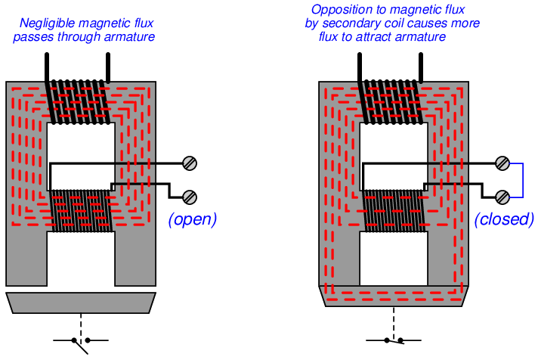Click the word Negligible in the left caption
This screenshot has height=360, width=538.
coord(51,23)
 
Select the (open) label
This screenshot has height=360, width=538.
coord(192,219)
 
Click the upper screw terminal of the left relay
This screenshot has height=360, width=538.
coord(190,163)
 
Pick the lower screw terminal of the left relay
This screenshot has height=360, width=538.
coord(190,197)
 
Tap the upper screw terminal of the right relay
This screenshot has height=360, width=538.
coord(502,163)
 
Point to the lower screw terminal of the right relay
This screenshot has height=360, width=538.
coord(502,197)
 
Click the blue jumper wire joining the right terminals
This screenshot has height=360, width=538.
coord(521,180)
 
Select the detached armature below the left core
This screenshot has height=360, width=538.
coord(81,303)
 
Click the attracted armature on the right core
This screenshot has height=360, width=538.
coord(393,296)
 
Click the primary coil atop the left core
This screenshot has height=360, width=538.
coord(79,98)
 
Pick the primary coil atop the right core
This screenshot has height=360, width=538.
coord(391,98)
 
